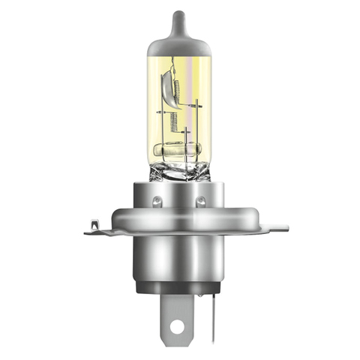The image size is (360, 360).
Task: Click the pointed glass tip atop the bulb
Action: pos(176,16)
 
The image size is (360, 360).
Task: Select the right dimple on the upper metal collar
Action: pos(201,201)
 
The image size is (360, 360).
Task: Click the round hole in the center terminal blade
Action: pos(176,326)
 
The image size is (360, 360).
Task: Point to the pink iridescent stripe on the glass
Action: pos(196,82)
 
